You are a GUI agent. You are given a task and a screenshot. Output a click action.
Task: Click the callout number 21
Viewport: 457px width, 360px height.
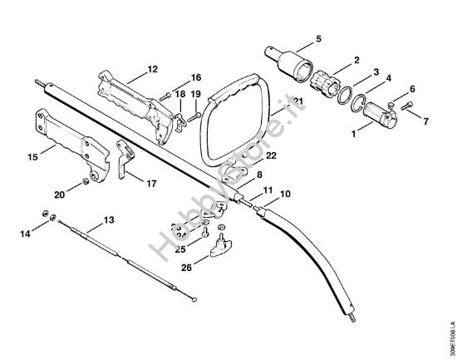299,101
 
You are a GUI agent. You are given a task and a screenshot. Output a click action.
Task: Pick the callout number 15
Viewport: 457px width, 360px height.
32,155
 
